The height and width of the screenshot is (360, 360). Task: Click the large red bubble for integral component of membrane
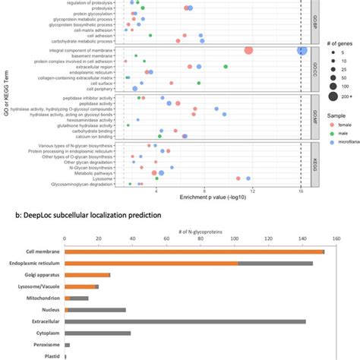click(248, 51)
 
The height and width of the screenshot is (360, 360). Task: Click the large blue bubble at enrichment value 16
click(302, 50)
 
